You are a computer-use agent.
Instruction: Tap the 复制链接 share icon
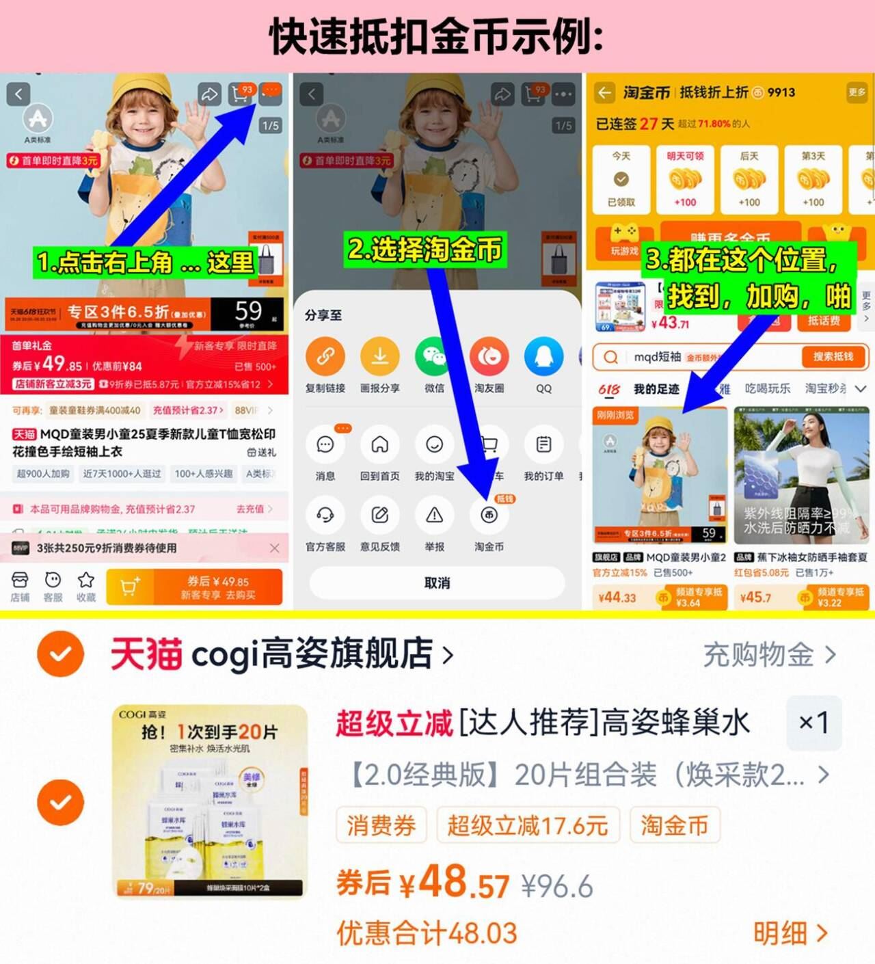click(x=325, y=357)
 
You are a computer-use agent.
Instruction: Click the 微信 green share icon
click(x=434, y=357)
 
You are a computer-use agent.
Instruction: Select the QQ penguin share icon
click(x=543, y=357)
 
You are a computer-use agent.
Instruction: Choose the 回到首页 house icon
click(x=379, y=445)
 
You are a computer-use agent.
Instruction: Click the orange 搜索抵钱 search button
click(x=833, y=357)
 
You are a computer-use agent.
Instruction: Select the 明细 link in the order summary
click(x=790, y=933)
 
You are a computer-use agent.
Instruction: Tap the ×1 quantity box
click(x=813, y=722)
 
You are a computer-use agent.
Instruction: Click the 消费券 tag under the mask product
click(x=381, y=825)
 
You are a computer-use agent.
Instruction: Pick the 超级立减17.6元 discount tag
click(x=527, y=825)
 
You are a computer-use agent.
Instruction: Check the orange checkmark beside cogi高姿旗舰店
click(x=61, y=654)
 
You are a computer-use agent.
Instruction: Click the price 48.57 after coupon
click(x=463, y=883)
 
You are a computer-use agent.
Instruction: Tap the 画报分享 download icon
click(x=379, y=357)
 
